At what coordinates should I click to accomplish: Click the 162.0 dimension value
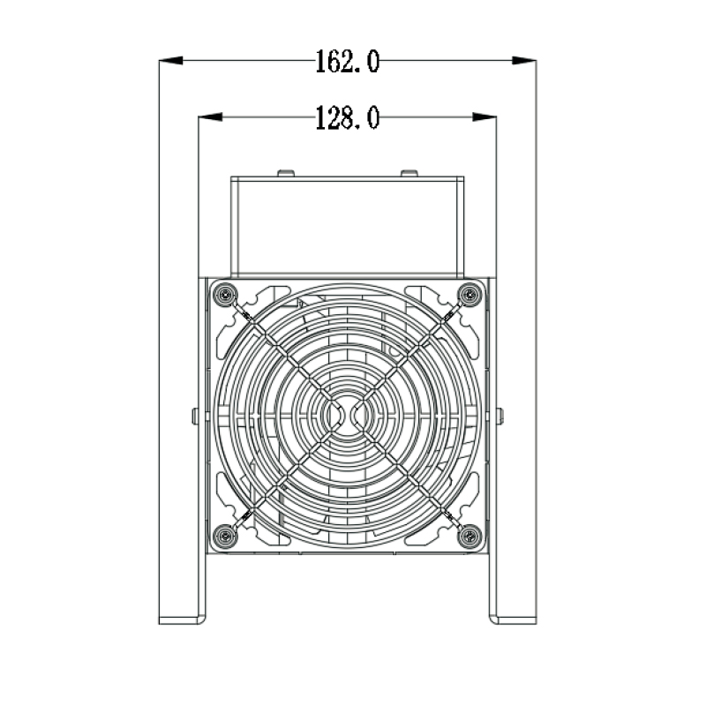point(348,61)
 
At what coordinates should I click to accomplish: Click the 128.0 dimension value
point(348,117)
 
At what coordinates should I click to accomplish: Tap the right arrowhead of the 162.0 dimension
point(524,61)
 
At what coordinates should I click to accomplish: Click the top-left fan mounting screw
point(226,294)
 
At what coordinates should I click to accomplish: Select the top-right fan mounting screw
point(469,294)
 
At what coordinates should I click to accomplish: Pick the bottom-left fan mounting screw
point(226,533)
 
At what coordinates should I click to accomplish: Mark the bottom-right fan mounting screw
point(469,533)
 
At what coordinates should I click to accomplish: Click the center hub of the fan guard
point(348,414)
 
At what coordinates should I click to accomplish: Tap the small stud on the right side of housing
point(499,415)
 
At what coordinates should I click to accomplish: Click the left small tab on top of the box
point(285,173)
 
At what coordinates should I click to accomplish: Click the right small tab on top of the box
point(408,173)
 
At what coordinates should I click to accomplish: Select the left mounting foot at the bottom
point(182,619)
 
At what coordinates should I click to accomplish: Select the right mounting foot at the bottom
point(513,619)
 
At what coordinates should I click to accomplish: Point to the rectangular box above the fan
point(348,225)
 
